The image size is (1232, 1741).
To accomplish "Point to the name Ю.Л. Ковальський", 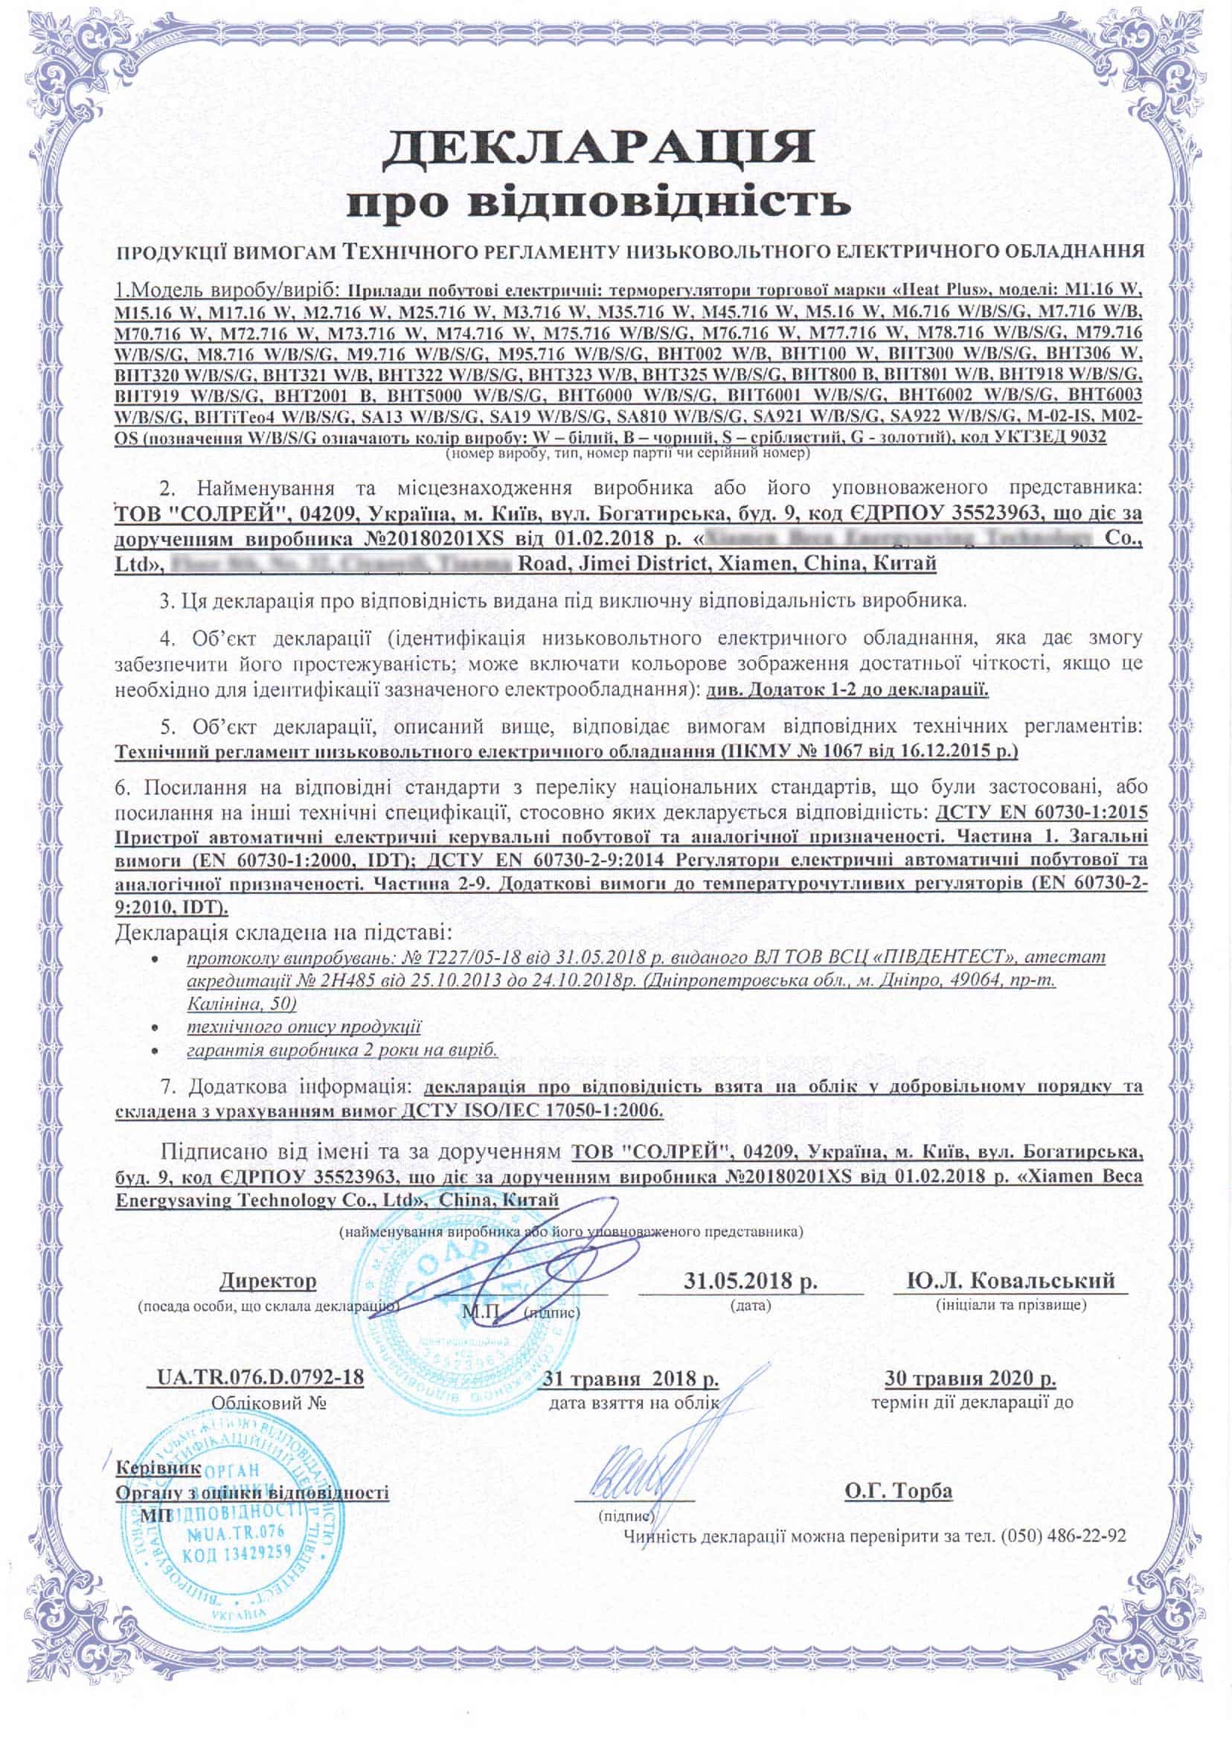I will click(1011, 1281).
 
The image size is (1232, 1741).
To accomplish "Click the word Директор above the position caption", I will click(268, 1281).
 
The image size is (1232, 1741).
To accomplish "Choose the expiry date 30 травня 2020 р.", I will click(970, 1378).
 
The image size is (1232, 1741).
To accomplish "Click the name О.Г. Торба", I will click(898, 1491).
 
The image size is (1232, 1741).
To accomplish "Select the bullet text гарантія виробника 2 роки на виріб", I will click(342, 1051).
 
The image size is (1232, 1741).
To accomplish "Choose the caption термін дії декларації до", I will click(972, 1402).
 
